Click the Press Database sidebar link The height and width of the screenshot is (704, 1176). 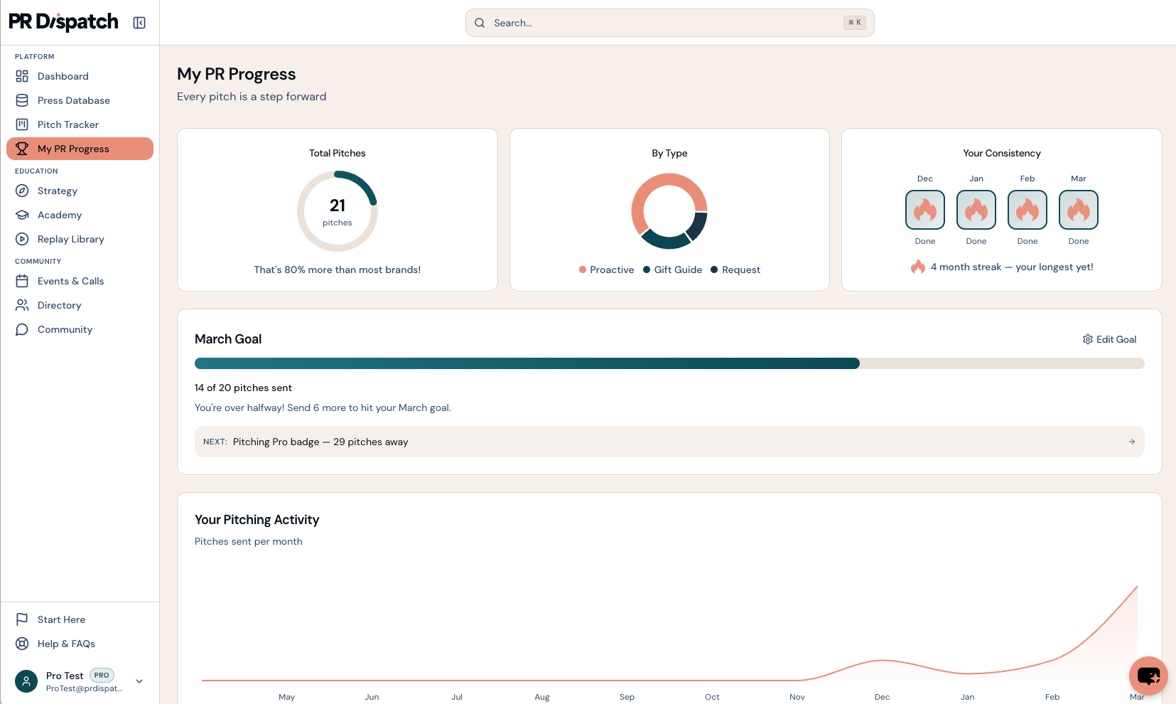[73, 100]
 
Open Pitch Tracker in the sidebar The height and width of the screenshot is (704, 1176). [68, 124]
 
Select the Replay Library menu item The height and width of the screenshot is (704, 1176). [70, 239]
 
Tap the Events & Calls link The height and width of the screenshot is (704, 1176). [70, 281]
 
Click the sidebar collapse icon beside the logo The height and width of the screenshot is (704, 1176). [139, 23]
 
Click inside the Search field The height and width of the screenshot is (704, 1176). [668, 23]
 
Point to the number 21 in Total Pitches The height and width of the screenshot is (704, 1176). [338, 206]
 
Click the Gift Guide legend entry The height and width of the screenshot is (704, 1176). [677, 270]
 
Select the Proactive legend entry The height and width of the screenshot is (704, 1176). [611, 270]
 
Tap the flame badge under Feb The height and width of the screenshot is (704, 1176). [1027, 210]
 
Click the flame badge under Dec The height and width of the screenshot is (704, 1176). [924, 210]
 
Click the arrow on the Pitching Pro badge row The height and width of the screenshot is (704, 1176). [1131, 442]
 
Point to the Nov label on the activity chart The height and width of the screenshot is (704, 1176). [797, 697]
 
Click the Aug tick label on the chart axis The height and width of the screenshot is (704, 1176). [541, 697]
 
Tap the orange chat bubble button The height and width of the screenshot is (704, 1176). [1148, 675]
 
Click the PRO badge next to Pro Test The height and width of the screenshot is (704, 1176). [102, 676]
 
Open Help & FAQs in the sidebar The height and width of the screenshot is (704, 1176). [66, 644]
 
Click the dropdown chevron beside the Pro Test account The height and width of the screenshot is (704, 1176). [139, 681]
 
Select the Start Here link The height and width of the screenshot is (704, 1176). [61, 619]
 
